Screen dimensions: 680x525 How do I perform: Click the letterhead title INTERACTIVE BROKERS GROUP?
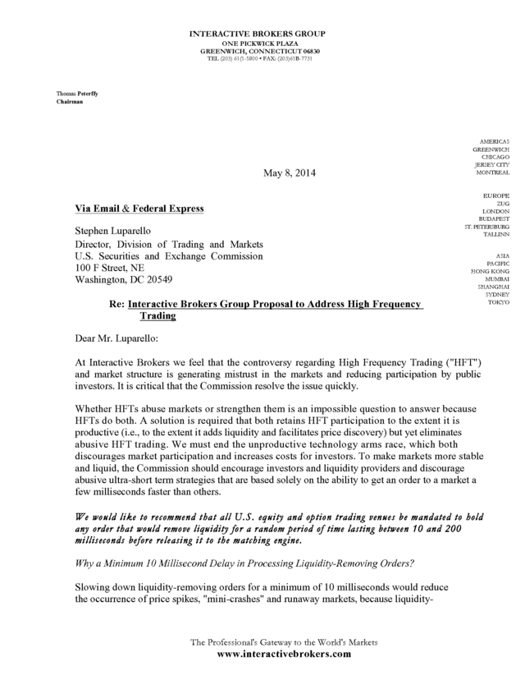pos(258,34)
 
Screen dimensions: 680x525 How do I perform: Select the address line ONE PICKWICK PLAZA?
pos(258,43)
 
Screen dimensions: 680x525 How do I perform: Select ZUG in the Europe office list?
pos(501,203)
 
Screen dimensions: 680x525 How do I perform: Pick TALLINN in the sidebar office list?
pos(495,235)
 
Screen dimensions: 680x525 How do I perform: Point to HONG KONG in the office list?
pos(489,270)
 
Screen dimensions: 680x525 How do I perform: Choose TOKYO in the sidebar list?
pos(497,302)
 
